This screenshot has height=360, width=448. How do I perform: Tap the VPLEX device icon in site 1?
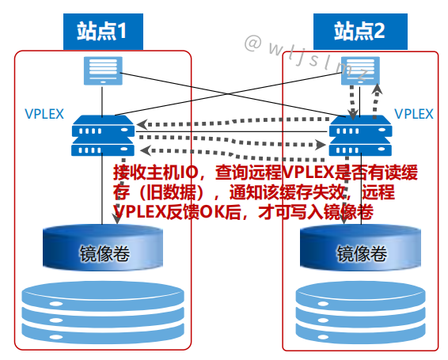tap(101, 135)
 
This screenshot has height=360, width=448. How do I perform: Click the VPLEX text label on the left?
tap(44, 113)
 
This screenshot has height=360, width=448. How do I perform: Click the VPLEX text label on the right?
tap(414, 113)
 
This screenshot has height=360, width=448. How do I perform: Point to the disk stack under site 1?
tap(104, 313)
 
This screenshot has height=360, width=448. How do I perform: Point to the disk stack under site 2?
tap(360, 313)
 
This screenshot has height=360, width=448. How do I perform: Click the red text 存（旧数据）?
tap(158, 192)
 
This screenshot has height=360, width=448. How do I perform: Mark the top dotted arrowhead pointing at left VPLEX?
tap(141, 123)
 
